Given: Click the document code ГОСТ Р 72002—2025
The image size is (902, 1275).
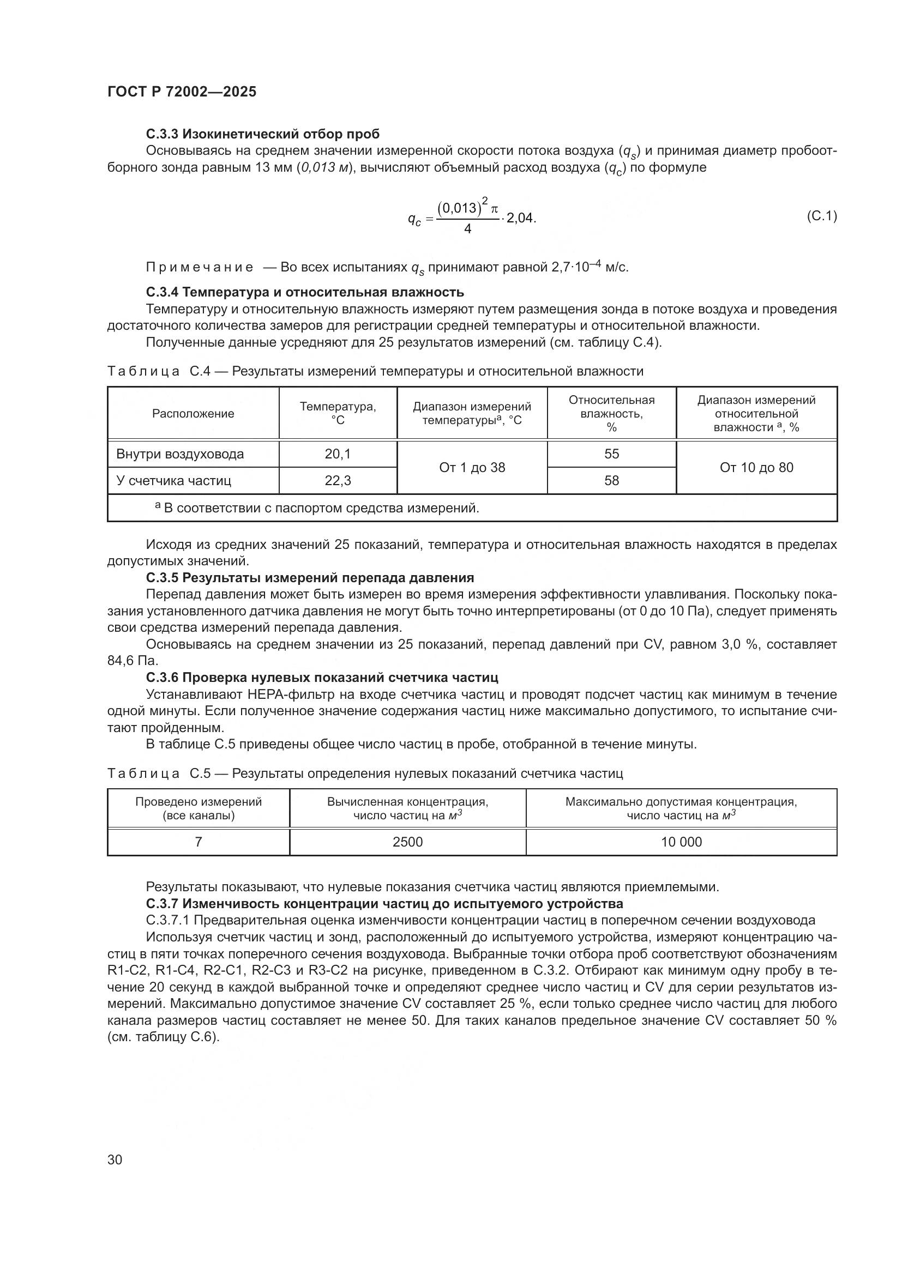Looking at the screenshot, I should tap(182, 92).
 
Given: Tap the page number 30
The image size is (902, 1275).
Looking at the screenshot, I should tap(115, 1159).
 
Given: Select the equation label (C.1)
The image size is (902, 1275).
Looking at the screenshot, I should tap(821, 216).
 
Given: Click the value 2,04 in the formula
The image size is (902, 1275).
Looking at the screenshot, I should tap(520, 217).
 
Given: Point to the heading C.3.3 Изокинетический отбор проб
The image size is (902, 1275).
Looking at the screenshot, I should tap(263, 134).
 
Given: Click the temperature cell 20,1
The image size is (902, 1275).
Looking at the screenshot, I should tap(338, 454).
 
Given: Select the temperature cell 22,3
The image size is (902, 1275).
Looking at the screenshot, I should tap(338, 480).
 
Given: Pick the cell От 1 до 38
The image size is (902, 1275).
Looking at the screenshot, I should tap(472, 467).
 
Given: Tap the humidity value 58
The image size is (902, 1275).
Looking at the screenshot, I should tap(611, 480).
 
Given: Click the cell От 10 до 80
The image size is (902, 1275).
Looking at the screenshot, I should tap(756, 467).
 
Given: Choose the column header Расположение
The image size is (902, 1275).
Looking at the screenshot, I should tap(193, 413).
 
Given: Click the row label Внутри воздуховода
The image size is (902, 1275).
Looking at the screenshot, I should tap(180, 454).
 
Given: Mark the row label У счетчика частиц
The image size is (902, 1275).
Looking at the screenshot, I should tap(173, 480).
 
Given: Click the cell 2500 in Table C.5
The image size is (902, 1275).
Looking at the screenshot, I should tap(408, 842).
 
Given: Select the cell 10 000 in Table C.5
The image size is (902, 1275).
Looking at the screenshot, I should tap(681, 842).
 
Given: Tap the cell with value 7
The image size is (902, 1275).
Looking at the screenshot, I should tap(199, 842).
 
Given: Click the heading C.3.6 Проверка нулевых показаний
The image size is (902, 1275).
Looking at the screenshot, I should tap(322, 678).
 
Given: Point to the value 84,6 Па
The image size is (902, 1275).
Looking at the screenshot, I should tap(132, 661).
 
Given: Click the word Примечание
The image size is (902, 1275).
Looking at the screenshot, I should tap(200, 268).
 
